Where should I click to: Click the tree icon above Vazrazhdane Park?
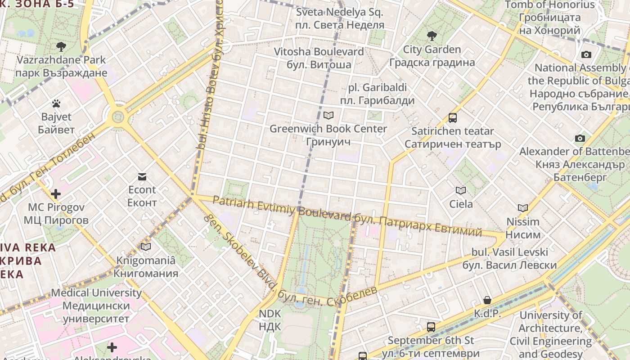click(61, 46)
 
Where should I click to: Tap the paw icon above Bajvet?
click(56, 104)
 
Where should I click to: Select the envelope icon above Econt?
click(142, 176)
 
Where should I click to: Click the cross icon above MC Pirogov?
click(56, 194)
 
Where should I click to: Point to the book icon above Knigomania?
click(145, 247)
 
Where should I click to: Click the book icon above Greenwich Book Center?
click(328, 115)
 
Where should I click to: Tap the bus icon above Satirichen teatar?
click(452, 118)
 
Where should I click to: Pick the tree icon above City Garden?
click(432, 36)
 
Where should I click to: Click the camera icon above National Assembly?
click(586, 54)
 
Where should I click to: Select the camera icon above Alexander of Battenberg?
click(580, 138)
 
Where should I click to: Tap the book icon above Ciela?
click(461, 190)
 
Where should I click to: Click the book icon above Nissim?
click(522, 208)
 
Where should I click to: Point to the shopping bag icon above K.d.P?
click(487, 300)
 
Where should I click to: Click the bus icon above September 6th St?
click(431, 327)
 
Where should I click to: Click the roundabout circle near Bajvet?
click(118, 117)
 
